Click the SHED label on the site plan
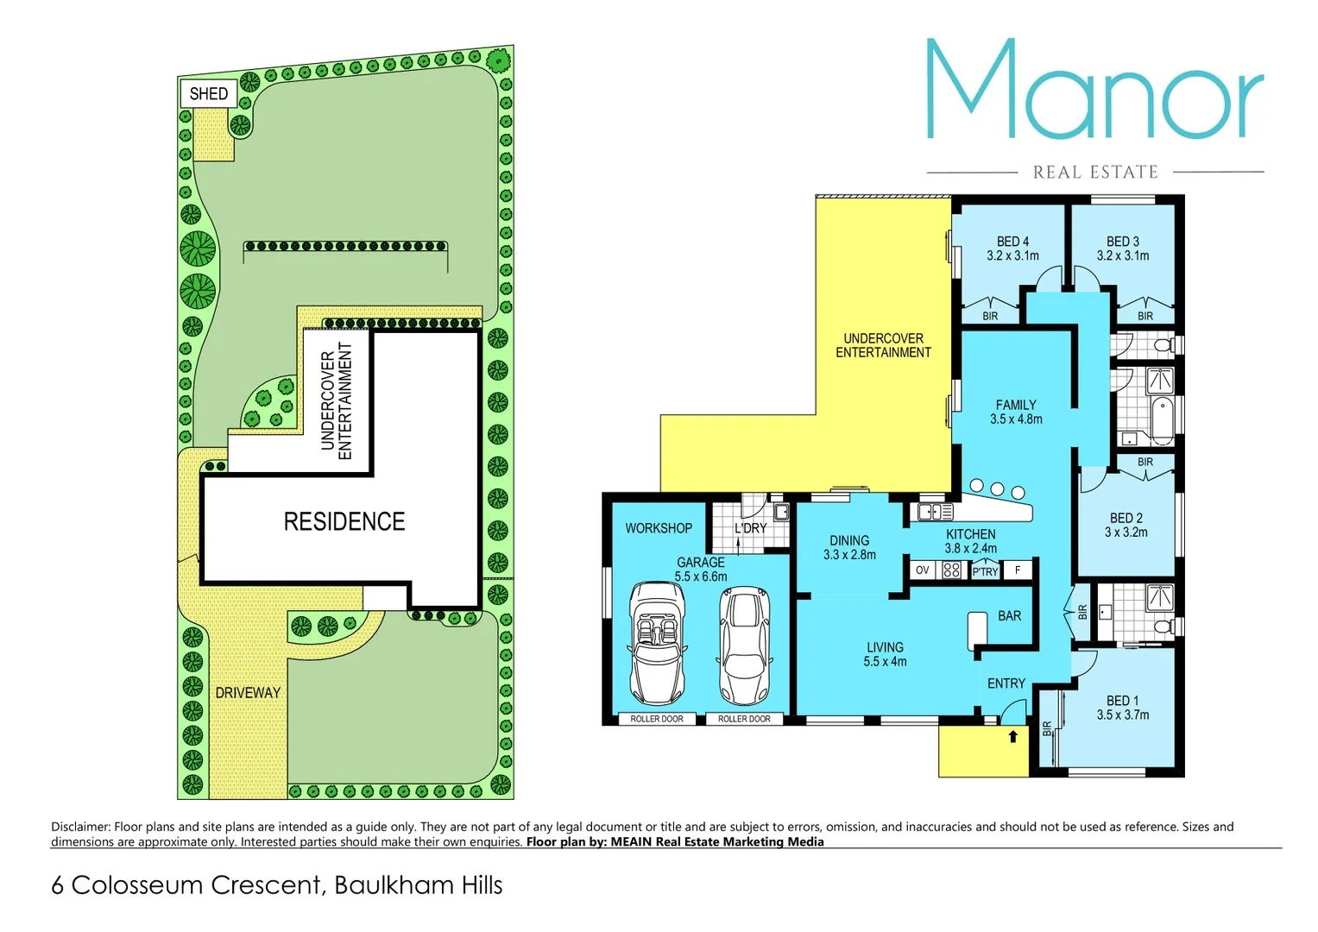click(208, 93)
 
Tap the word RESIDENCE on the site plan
click(344, 521)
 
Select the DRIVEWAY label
click(248, 692)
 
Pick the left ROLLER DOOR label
click(656, 719)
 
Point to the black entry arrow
click(1013, 736)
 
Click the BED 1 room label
click(1122, 701)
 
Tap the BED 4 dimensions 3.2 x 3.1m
click(1012, 255)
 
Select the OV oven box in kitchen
click(922, 570)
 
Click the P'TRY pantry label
click(985, 571)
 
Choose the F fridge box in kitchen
click(1018, 570)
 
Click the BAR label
click(1009, 616)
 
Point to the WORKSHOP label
click(659, 528)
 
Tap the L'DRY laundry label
click(750, 528)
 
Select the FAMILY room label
click(1016, 405)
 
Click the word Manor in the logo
click(1094, 91)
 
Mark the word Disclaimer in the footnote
click(80, 827)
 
